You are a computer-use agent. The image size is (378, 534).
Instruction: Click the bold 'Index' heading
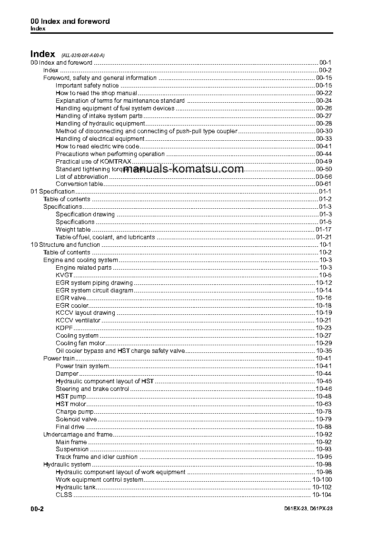43,54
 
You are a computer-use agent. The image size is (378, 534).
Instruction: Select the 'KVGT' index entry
64,275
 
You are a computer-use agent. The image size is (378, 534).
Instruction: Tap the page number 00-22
324,93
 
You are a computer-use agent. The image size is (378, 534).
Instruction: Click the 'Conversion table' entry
79,184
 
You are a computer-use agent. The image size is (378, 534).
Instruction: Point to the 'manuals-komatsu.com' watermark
183,169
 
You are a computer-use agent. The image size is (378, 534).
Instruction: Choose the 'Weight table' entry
73,230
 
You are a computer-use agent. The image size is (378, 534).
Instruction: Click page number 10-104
322,495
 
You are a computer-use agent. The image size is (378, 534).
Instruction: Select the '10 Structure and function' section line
65,245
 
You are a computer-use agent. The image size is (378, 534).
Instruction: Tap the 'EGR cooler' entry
72,306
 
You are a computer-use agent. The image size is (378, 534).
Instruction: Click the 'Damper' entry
67,374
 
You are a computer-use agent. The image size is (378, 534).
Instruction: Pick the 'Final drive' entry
70,427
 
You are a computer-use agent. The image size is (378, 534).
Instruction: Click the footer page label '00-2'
37,509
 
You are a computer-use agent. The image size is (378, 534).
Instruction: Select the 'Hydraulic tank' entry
76,487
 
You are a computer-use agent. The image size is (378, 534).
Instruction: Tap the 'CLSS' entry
64,495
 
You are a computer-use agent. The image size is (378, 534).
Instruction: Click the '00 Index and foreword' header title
70,21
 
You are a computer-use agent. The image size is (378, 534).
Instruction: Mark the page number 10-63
324,404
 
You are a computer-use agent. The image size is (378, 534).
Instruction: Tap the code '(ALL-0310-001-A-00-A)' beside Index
80,56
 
